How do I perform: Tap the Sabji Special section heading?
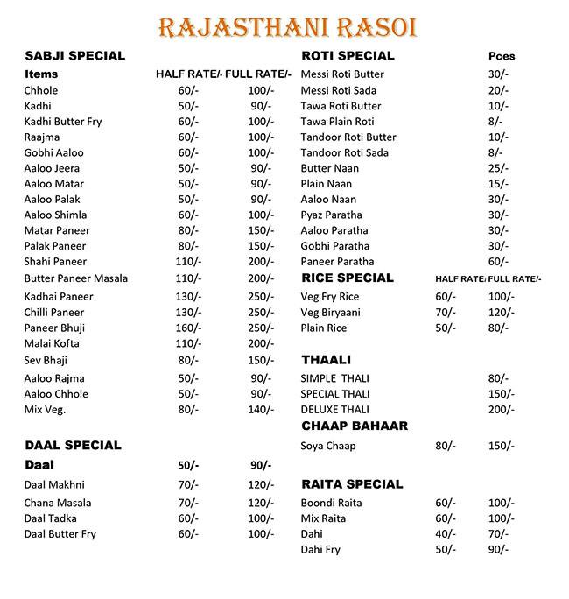pos(75,56)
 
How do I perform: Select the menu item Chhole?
pos(41,90)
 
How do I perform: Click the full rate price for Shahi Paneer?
pos(261,262)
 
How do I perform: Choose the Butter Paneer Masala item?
pos(76,278)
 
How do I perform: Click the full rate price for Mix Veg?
pos(261,409)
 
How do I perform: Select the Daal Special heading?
pos(73,445)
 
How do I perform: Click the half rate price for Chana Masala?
pos(188,503)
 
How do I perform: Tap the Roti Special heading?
pos(348,56)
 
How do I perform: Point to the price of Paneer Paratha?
pos(498,262)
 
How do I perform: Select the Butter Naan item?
pos(328,168)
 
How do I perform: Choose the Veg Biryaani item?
pos(331,313)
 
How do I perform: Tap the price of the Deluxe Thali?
pos(501,410)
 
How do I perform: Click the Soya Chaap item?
pos(328,447)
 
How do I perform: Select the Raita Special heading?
pos(352,484)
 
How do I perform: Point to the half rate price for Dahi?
pos(446,534)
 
